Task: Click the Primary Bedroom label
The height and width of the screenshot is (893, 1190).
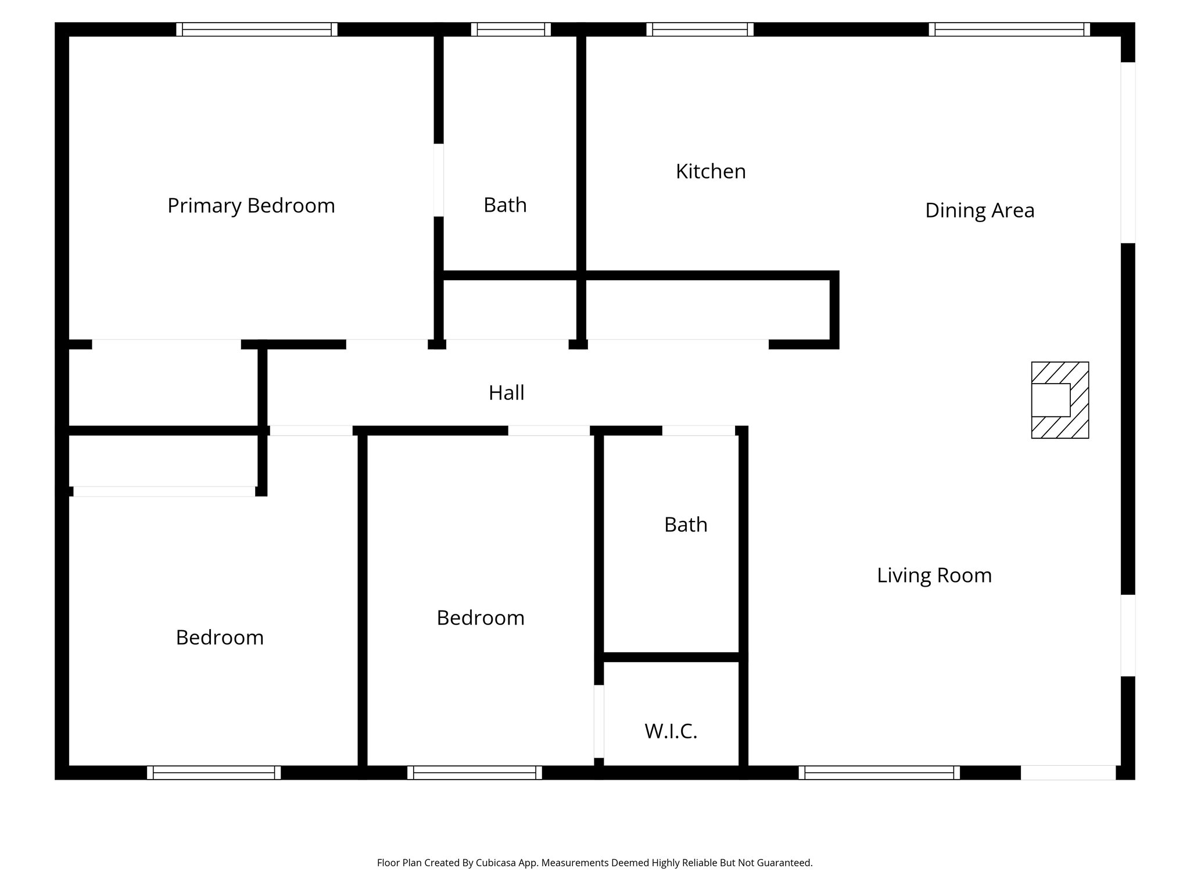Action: coord(251,206)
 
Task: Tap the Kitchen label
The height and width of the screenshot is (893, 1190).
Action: coord(710,172)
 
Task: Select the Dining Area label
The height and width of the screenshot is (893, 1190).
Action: coord(979,210)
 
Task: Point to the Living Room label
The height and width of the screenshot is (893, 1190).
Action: coord(934,576)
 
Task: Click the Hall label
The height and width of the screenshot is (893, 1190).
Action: coord(506,393)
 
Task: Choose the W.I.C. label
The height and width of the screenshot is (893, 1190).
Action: coord(671,731)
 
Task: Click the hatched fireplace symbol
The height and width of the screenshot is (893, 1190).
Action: coord(1060,400)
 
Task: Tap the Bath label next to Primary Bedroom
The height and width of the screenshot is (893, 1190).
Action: coord(505,205)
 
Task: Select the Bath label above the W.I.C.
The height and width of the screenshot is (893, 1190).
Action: coord(686,525)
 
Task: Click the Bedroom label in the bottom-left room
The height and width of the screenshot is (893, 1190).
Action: coord(220,638)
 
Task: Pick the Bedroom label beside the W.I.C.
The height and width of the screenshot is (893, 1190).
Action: coord(481,618)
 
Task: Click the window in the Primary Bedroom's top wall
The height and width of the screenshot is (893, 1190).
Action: coord(257,30)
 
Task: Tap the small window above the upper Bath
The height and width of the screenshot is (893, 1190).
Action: coord(511,30)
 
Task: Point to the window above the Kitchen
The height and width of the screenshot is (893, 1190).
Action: coord(700,30)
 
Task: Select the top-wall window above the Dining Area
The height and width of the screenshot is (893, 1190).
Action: coord(1009,30)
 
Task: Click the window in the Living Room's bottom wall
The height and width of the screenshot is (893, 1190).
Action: coord(879,773)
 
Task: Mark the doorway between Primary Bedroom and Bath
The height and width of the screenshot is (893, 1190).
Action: coord(439,180)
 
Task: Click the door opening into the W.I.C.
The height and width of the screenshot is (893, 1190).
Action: coord(598,721)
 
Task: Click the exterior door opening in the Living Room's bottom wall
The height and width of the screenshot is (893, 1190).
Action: coord(1068,773)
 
